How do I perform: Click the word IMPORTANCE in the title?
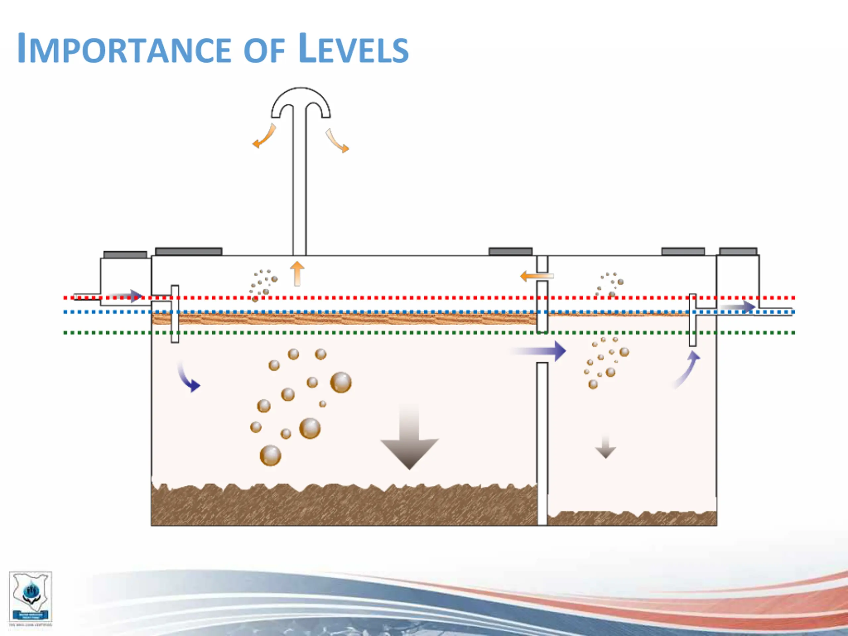(x=125, y=49)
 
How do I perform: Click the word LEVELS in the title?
(x=353, y=49)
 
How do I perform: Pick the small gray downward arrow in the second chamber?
(x=605, y=448)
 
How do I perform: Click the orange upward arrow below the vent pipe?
(x=297, y=273)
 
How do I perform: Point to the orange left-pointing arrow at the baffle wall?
(x=536, y=276)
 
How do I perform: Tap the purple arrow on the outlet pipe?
(x=738, y=307)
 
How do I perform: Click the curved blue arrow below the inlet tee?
(x=188, y=378)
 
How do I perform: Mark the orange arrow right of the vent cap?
(x=337, y=141)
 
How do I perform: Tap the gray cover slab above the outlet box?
(x=738, y=251)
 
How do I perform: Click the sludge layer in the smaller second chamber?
(x=632, y=518)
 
